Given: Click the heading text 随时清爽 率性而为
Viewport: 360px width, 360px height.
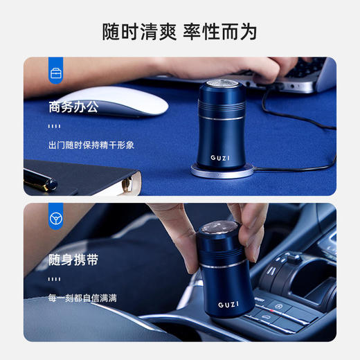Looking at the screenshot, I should click(180, 31).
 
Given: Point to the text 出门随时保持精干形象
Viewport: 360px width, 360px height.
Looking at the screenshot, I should click(91, 145).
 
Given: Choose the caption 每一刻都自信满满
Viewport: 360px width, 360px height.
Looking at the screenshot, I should click(82, 298).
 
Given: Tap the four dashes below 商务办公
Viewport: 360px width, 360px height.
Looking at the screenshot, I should click(55, 126).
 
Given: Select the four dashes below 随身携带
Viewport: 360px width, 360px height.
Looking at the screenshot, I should click(55, 279).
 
